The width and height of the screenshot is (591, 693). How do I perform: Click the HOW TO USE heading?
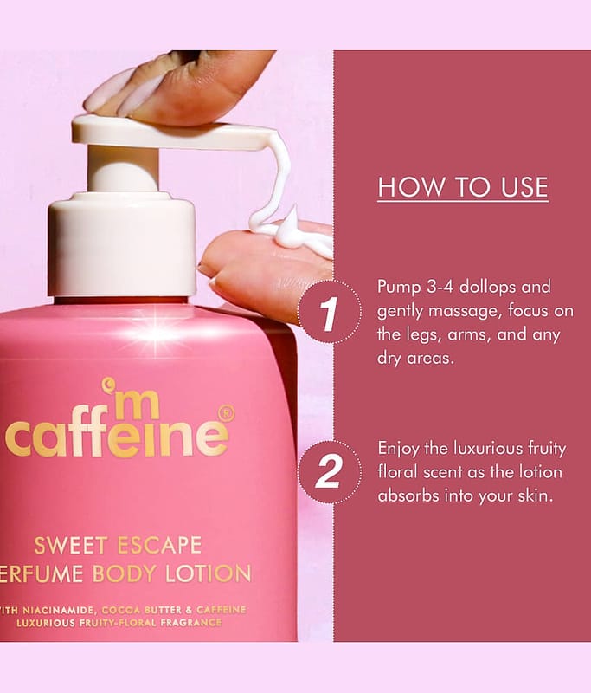(x=463, y=187)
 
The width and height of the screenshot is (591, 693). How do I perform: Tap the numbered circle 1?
(x=330, y=312)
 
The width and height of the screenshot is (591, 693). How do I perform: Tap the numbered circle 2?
(x=330, y=472)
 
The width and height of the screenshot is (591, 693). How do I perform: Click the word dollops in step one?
(x=488, y=288)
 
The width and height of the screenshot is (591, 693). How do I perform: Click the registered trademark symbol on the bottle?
(x=226, y=414)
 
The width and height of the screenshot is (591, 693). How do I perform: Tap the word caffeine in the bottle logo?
(x=117, y=436)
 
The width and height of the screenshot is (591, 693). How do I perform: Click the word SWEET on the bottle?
(x=71, y=546)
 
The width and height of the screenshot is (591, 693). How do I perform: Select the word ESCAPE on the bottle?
(x=160, y=546)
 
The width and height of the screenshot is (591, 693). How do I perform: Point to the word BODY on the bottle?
(x=125, y=573)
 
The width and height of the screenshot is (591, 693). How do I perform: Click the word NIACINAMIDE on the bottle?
(x=58, y=611)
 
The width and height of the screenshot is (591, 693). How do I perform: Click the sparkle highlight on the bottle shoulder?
(x=155, y=330)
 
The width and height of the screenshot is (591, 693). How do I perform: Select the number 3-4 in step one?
(x=440, y=288)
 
